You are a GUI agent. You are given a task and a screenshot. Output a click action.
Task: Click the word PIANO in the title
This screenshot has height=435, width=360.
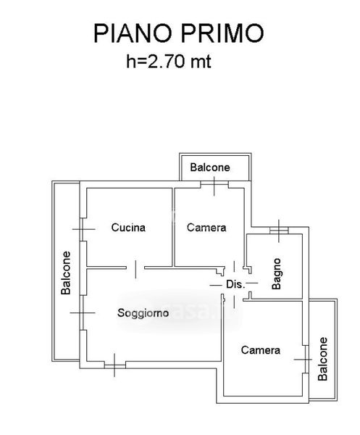(133, 33)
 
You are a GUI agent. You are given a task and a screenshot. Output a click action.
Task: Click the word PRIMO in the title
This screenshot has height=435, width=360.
(222, 33)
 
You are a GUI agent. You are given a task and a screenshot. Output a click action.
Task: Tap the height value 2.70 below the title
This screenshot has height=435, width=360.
(166, 61)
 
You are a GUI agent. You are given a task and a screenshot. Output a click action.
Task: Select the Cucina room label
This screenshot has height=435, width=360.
(128, 228)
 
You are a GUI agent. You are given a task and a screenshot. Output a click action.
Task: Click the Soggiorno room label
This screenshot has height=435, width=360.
(143, 313)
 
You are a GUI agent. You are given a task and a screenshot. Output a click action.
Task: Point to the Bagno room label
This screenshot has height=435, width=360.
(277, 274)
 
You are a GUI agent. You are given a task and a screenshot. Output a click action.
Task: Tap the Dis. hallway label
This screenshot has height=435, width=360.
(235, 284)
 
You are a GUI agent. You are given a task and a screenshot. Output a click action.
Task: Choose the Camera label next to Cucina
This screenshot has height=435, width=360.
(206, 228)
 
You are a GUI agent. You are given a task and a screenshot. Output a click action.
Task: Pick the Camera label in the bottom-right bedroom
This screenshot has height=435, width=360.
(261, 350)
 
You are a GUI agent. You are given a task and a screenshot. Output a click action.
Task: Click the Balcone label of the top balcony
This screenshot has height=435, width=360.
(210, 167)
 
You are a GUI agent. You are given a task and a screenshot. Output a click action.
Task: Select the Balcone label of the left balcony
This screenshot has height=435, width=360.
(66, 273)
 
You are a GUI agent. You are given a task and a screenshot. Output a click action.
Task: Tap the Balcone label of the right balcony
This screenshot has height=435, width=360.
(322, 359)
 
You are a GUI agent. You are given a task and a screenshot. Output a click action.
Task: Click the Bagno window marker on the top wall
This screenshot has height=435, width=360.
(279, 231)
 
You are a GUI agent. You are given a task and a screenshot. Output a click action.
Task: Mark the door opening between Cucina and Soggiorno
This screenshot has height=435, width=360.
(135, 269)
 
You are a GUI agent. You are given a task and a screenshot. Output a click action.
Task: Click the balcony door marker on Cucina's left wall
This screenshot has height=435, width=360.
(83, 229)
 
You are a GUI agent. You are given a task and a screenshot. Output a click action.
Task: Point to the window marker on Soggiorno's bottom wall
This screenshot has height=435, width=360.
(114, 365)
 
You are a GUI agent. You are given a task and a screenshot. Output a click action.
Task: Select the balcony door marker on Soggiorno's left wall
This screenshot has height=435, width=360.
(83, 312)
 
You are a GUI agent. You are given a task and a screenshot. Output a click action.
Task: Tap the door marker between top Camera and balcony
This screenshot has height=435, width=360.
(214, 185)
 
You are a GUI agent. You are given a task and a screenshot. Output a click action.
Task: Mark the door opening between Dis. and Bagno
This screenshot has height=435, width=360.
(250, 283)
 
